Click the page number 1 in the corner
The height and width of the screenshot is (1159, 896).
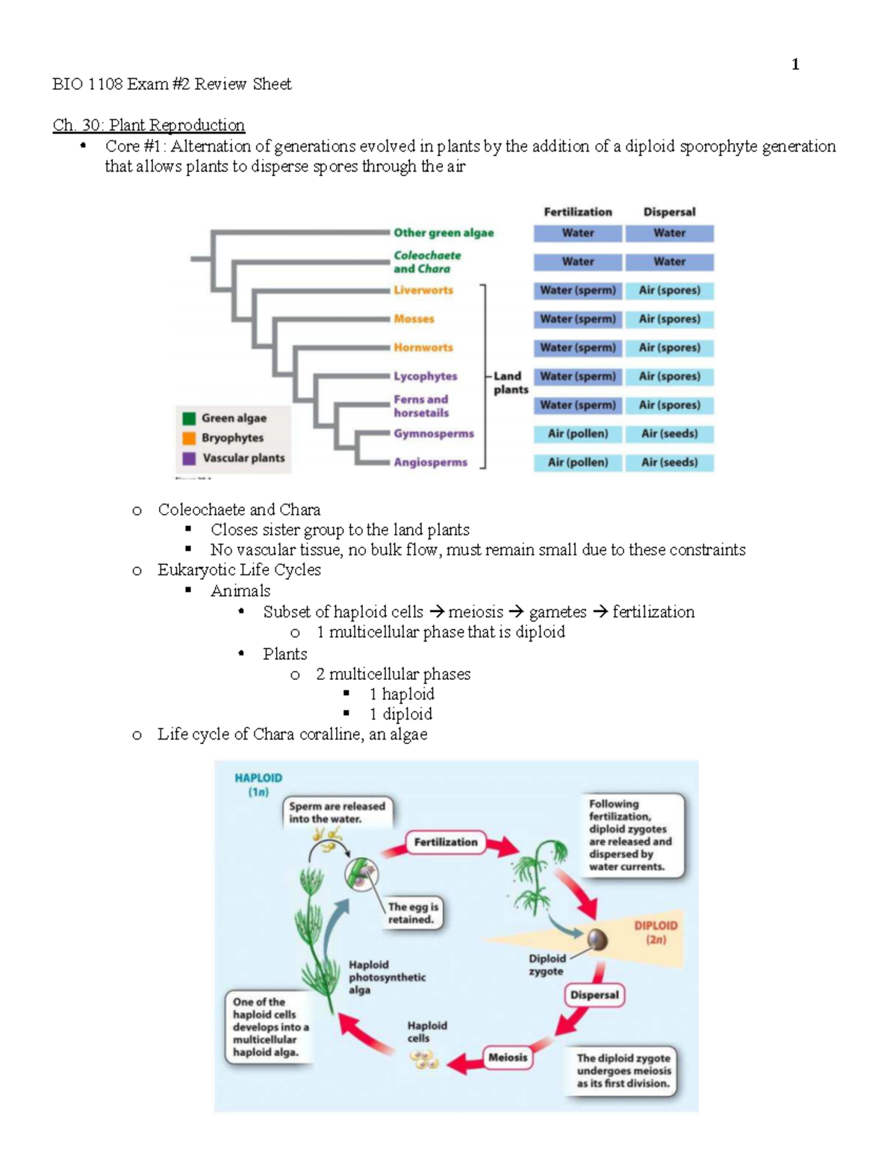(795, 64)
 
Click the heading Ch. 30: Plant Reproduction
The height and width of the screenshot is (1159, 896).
(149, 125)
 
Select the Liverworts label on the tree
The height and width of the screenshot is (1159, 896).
(423, 290)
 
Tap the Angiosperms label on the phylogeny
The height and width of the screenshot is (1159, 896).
(430, 463)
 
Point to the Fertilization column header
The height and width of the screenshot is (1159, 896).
(577, 212)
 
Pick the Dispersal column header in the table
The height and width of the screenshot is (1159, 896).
(669, 212)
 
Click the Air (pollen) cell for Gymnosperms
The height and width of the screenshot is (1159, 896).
(577, 434)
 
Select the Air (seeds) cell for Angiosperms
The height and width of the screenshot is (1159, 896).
(669, 463)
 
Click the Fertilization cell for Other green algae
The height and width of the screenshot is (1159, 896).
(577, 233)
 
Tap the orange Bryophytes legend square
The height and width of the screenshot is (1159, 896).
(189, 438)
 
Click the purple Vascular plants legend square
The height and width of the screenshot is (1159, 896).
(189, 458)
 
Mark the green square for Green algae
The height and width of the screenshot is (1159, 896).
(189, 418)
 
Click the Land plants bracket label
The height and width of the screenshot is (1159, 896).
(510, 383)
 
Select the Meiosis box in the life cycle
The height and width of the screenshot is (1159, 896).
(508, 1058)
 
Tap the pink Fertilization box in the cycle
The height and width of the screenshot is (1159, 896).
(446, 842)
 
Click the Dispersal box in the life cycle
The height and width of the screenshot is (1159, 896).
(594, 995)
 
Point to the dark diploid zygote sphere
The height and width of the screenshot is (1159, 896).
(597, 939)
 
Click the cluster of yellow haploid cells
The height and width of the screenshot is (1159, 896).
(423, 1059)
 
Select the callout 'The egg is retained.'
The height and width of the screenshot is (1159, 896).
(412, 913)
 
